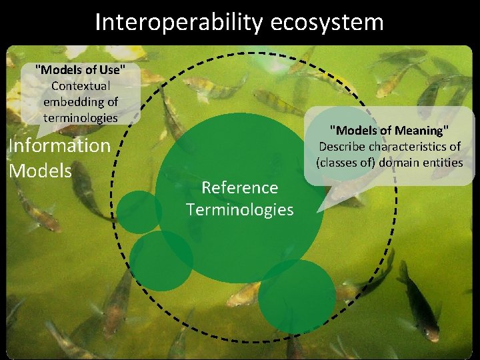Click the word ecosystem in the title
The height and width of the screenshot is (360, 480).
pos(327,22)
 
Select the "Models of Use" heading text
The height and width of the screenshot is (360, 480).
pos(80,69)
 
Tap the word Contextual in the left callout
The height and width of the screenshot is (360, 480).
pos(81,85)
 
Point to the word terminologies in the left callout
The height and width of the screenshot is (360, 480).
pos(81,117)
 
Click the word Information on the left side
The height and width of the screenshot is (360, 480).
pos(59,145)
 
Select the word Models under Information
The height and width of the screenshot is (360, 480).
pos(40,171)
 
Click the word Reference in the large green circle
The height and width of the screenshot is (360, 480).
pos(239,187)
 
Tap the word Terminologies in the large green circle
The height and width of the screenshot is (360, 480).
pos(240,210)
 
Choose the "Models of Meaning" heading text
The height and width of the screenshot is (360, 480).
pos(389,130)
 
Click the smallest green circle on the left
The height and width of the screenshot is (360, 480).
pos(139,212)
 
